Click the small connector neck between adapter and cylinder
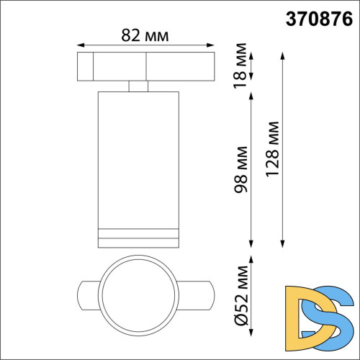137,86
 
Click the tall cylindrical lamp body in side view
137,158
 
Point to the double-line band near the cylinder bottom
137,233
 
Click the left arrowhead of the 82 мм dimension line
78,44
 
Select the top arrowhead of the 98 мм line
251,96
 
